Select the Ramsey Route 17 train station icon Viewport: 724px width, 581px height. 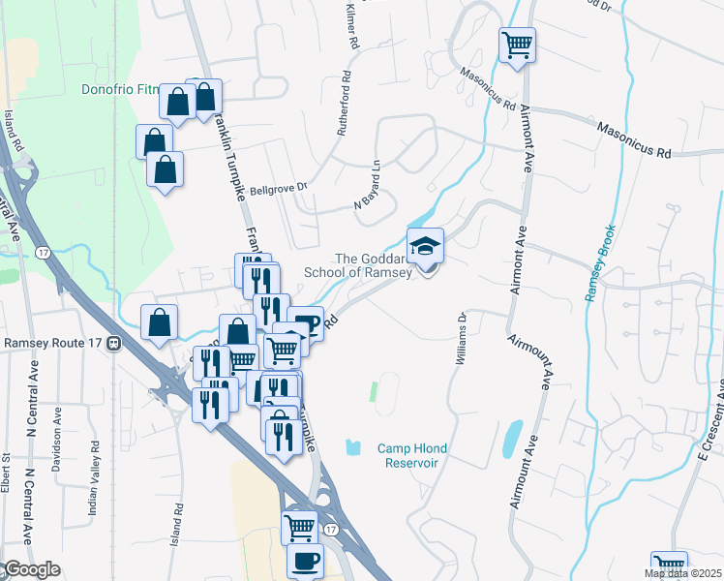[x=114, y=343]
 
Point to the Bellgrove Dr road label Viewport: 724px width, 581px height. [x=278, y=188]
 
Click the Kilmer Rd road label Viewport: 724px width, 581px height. [x=351, y=25]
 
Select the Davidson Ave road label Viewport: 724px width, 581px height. [x=57, y=436]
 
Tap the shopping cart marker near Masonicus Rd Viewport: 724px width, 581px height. [x=517, y=45]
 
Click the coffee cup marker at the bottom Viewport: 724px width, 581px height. [x=306, y=561]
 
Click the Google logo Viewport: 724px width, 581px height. [x=31, y=570]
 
